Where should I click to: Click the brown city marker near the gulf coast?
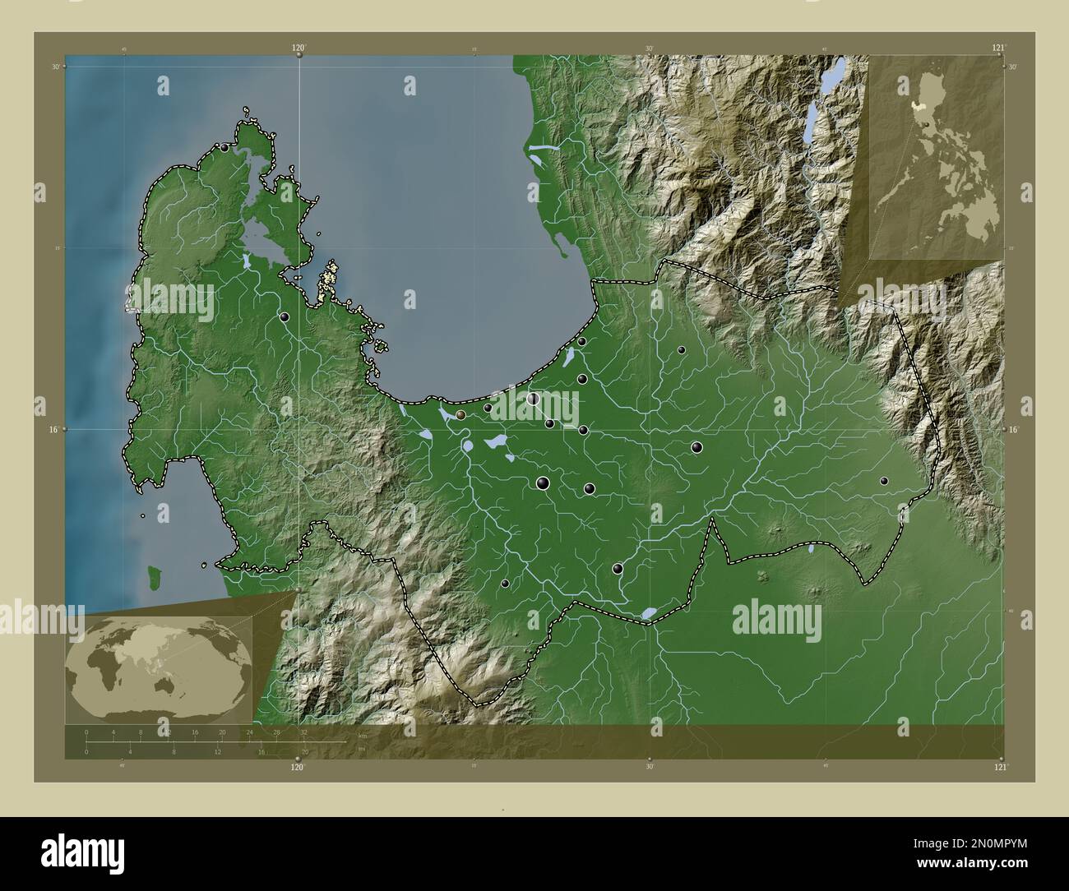point(461,415)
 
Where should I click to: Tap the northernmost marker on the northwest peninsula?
point(224,148)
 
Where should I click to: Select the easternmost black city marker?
point(884,481)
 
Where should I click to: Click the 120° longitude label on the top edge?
point(298,48)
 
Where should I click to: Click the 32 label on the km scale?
point(304,732)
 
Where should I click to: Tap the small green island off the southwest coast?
point(153,572)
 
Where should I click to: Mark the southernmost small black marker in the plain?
point(506,584)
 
